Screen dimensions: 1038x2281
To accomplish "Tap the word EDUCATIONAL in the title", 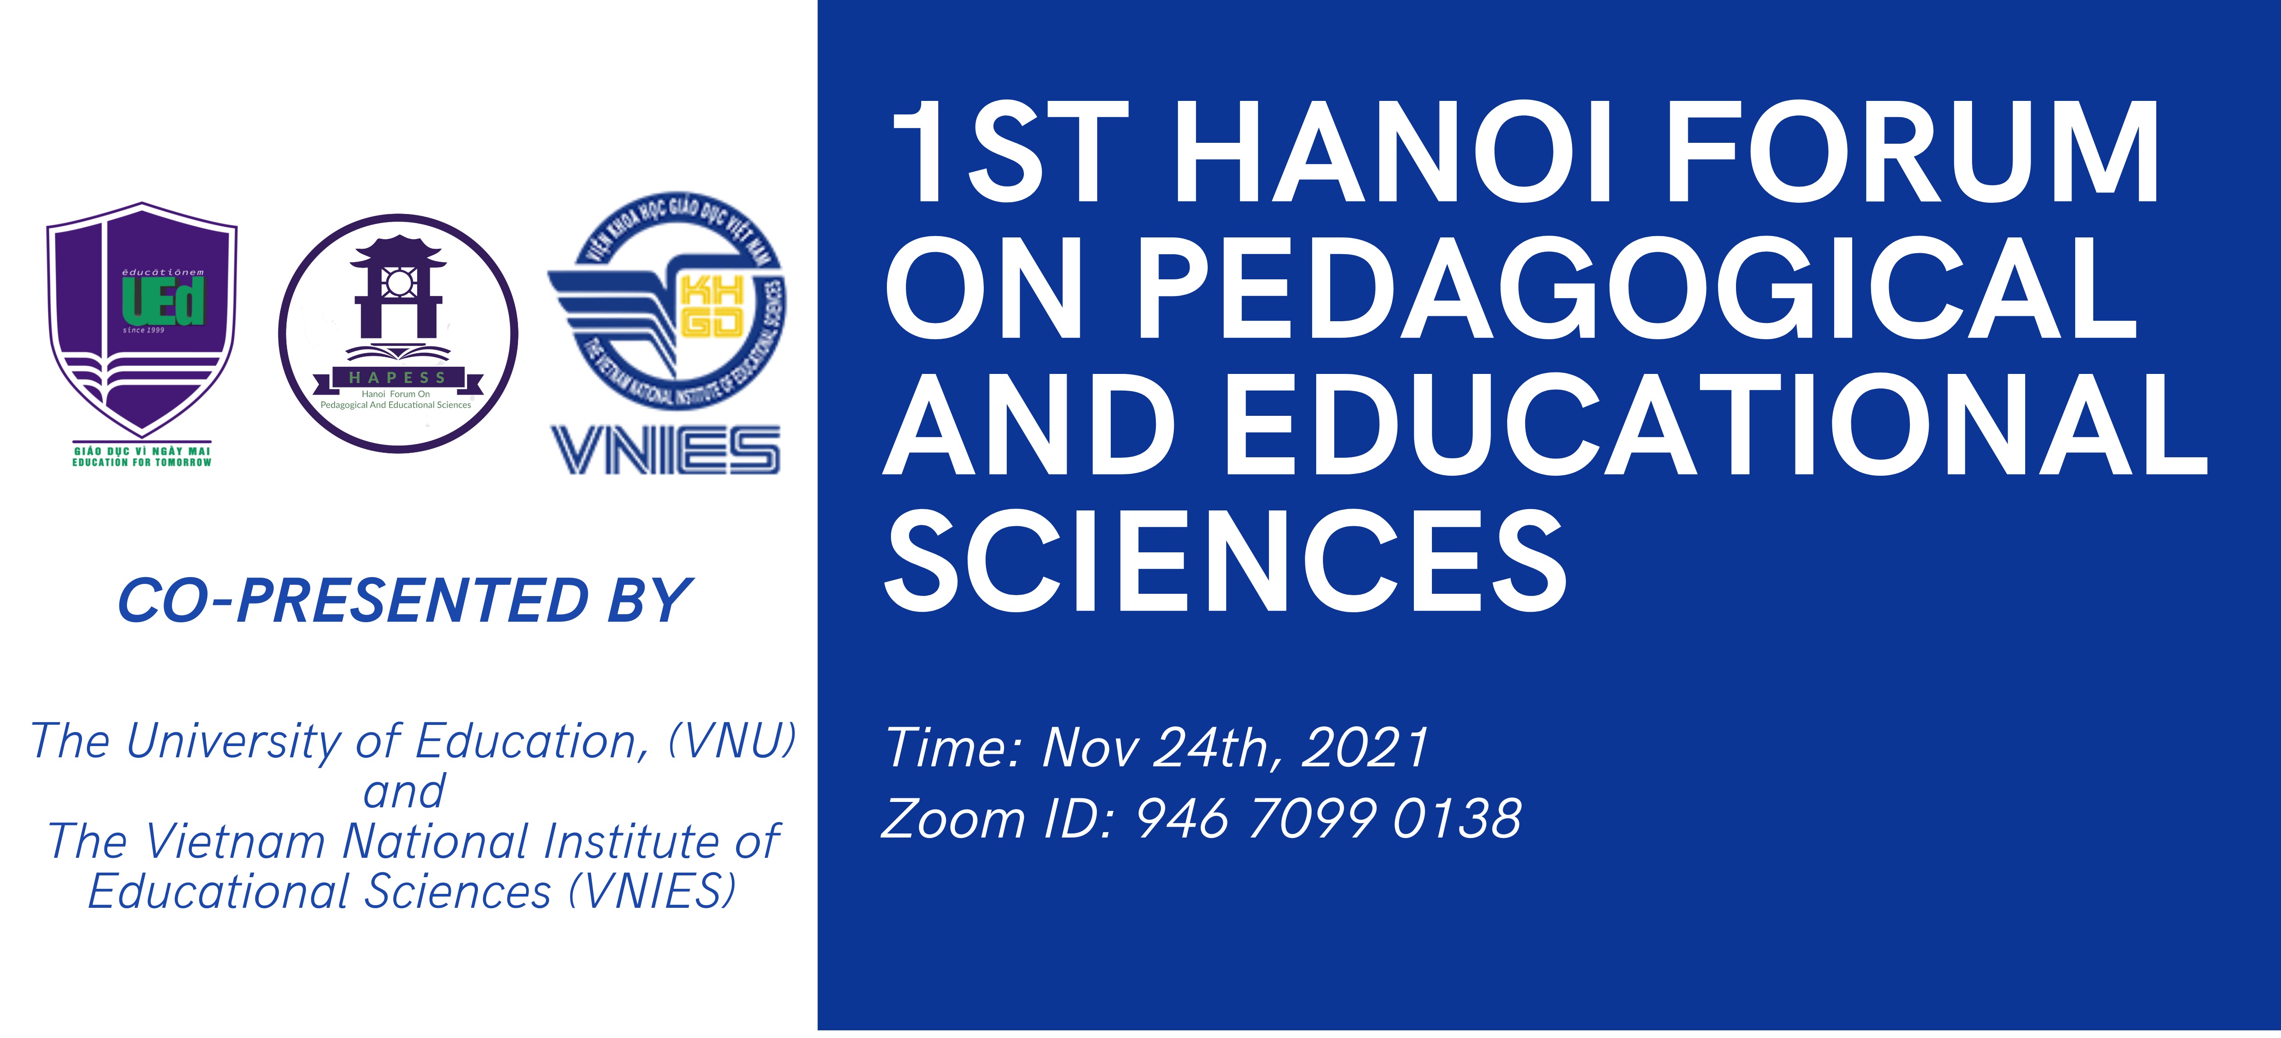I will pyautogui.click(x=1718, y=425).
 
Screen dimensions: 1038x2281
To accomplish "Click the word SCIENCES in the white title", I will pyautogui.click(x=1227, y=562).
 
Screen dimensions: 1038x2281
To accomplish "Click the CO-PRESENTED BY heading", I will pyautogui.click(x=404, y=601).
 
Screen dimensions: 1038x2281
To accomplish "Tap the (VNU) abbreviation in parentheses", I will pyautogui.click(x=733, y=740).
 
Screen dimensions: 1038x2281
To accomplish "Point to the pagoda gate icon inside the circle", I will pyautogui.click(x=398, y=288).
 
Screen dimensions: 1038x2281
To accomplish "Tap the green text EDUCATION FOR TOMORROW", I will pyautogui.click(x=142, y=462).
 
